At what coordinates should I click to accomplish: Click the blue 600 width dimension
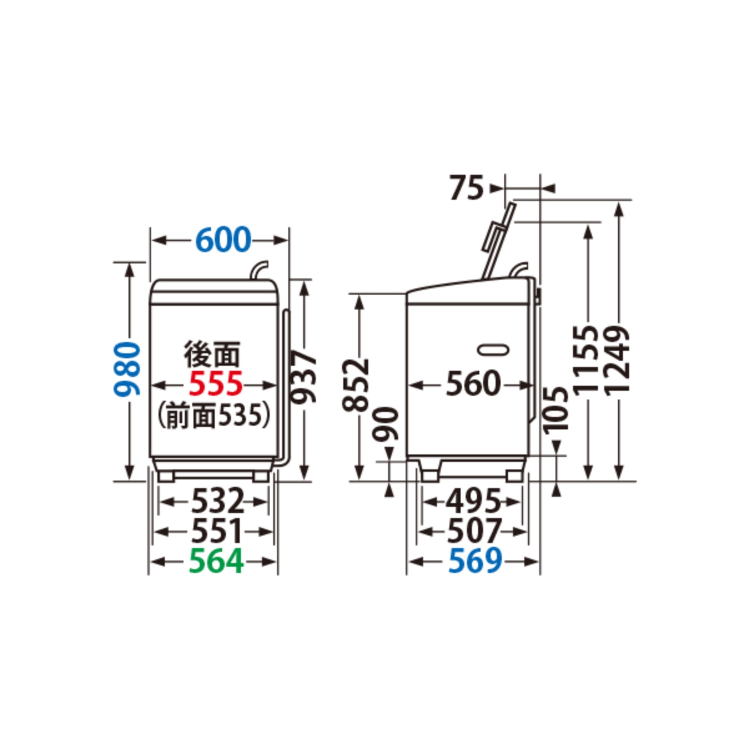223,240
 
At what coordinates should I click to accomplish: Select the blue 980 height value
127,368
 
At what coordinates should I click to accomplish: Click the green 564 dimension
216,561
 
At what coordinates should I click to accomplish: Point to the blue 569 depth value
475,561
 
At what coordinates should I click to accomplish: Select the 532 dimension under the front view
218,501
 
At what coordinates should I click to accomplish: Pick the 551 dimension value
217,531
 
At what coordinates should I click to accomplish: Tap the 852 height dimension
355,385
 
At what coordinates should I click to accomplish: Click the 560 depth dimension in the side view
473,384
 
